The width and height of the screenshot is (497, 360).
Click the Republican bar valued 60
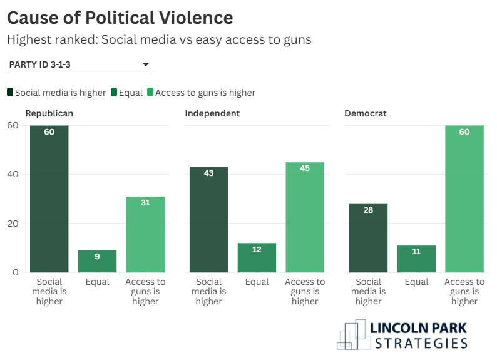click(49, 198)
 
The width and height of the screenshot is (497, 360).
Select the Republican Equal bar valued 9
click(97, 261)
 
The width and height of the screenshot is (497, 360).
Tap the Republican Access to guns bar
click(145, 234)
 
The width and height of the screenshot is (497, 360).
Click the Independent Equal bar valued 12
click(257, 257)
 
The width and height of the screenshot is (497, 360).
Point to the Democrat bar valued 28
click(369, 238)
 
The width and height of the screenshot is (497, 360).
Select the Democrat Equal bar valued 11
click(416, 259)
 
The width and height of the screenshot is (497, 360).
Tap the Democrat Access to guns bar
click(464, 198)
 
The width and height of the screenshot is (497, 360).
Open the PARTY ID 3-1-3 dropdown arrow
click(145, 64)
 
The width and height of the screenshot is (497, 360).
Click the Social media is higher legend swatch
click(11, 93)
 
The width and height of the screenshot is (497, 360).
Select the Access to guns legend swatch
click(150, 93)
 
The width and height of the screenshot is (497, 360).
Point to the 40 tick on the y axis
click(13, 174)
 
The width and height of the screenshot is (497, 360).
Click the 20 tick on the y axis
click(13, 224)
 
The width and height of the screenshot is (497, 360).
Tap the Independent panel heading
click(212, 113)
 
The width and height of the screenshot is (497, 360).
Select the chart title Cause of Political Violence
click(120, 18)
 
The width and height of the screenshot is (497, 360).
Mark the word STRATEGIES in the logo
click(421, 342)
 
